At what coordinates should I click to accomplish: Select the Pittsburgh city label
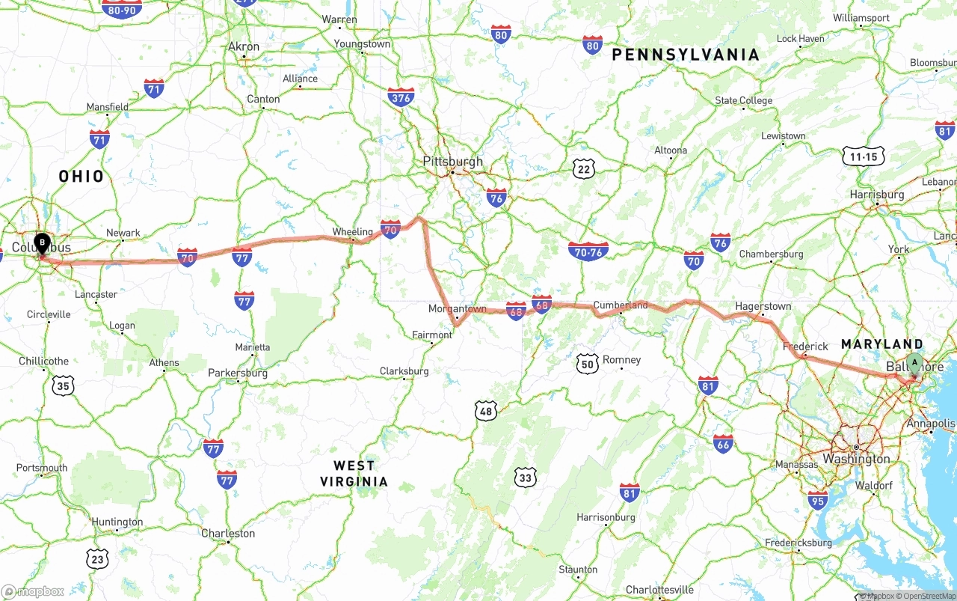click(452, 162)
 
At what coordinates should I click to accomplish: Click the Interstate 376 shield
click(401, 97)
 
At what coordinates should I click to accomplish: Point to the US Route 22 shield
click(584, 169)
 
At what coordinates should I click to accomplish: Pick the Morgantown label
click(457, 309)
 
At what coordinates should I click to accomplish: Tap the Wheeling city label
click(352, 232)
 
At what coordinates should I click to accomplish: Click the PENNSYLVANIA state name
click(686, 55)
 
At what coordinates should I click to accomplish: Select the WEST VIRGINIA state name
click(354, 473)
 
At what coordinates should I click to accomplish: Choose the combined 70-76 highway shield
click(588, 251)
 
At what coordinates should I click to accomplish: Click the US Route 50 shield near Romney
click(588, 364)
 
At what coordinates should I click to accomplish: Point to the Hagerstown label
click(763, 307)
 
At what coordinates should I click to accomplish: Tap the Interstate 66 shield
click(723, 444)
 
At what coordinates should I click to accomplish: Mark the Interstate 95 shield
click(818, 501)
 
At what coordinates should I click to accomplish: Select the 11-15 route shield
click(863, 156)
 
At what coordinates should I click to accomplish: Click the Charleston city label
click(228, 534)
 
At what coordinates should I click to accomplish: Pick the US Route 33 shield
click(526, 477)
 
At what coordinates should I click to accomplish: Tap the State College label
click(743, 101)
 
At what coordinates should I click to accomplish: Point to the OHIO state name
click(81, 177)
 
